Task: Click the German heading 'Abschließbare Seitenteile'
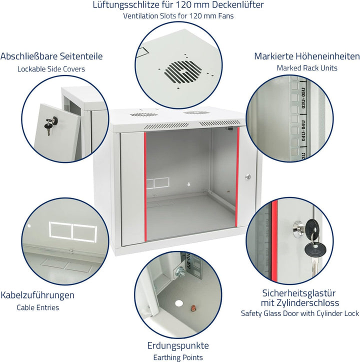tap(51, 56)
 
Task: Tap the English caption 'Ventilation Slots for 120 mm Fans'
tap(178, 16)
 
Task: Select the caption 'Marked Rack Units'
tap(307, 68)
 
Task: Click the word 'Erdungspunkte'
tap(178, 345)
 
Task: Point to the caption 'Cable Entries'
tap(38, 307)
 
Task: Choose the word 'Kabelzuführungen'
tap(37, 295)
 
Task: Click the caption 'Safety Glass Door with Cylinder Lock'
tap(299, 313)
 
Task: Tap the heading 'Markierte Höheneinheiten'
tap(307, 56)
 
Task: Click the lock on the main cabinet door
tap(248, 177)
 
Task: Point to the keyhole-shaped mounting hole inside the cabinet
tap(189, 184)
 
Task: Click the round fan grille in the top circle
tap(183, 72)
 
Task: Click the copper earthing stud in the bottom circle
tap(193, 307)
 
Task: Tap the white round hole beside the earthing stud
tap(178, 303)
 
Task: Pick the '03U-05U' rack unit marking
tap(303, 98)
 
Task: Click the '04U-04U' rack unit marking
tap(303, 130)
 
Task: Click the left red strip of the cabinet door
tap(145, 187)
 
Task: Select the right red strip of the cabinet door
tap(237, 176)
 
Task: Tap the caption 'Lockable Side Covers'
tap(51, 69)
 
